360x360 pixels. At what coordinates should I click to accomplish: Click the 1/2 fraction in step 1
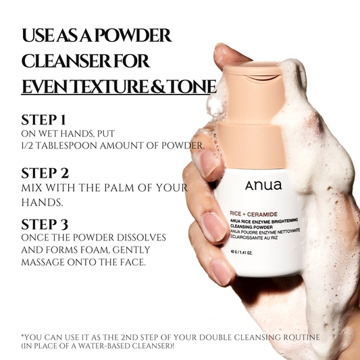[30, 146]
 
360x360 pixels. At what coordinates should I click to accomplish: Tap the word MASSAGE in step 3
[47, 262]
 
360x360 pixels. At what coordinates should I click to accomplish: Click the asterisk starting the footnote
[23, 335]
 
